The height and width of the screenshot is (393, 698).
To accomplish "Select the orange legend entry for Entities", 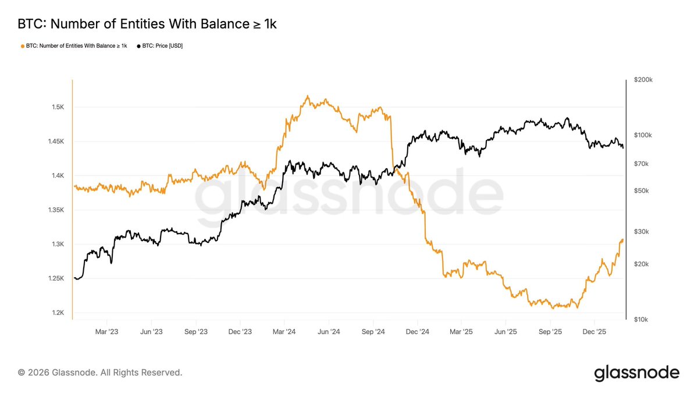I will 74,45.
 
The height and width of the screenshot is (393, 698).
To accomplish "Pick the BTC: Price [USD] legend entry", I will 159,45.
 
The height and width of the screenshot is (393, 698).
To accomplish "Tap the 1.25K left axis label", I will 57,278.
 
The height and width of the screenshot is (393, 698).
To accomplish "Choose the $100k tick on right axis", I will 643,135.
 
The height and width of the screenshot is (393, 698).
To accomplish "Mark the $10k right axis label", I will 641,319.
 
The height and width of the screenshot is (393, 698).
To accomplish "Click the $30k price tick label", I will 641,232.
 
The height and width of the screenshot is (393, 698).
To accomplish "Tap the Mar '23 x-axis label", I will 106,331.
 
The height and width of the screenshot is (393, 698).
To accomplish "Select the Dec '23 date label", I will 240,331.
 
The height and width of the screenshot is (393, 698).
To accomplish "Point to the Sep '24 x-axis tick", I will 373,331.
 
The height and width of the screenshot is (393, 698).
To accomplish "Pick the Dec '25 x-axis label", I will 594,331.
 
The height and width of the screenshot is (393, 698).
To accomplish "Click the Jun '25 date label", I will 505,331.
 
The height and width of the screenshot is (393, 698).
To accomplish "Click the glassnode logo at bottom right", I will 636,373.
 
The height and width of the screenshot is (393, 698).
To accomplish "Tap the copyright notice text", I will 100,372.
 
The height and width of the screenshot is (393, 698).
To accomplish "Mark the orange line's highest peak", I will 307,96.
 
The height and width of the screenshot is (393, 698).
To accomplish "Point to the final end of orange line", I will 622,239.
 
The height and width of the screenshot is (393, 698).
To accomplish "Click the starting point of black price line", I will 74,278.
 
